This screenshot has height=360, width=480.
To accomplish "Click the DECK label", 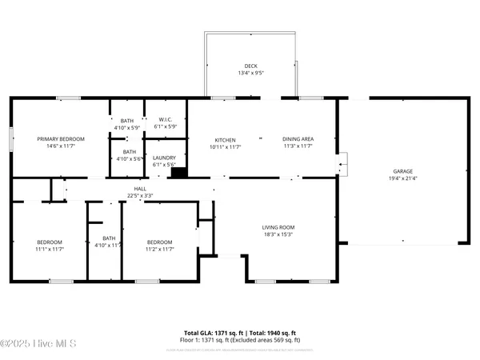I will (250, 66).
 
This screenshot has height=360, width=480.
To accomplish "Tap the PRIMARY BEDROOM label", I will (61, 139).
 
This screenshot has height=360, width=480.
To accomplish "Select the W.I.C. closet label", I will (166, 120).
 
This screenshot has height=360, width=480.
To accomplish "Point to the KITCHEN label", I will (225, 139).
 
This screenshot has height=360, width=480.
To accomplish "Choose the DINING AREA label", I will (298, 139).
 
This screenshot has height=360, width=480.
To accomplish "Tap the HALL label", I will (141, 189).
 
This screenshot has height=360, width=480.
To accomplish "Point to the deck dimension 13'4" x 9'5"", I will (250, 74).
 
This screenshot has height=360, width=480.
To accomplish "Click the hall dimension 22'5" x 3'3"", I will (141, 195).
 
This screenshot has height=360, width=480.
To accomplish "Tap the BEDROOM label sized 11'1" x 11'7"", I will (50, 242).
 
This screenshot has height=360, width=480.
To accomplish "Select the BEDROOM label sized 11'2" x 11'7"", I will (159, 242).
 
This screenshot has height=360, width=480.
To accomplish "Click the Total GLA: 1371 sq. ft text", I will (210, 331).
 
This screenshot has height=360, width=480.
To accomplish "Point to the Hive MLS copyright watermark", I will (38, 344).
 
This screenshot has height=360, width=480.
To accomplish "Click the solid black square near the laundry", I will (179, 170).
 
